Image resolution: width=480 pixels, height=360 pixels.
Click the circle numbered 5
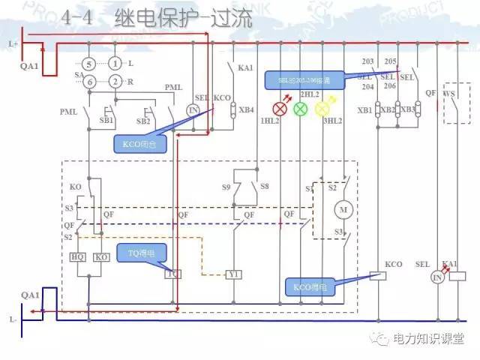tap(89, 64)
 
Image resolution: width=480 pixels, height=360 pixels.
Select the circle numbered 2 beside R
tap(114, 81)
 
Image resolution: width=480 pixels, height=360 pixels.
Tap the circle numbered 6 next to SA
tap(89, 81)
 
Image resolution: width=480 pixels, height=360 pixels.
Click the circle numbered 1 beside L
tap(114, 64)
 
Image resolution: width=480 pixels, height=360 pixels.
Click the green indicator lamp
tap(300, 109)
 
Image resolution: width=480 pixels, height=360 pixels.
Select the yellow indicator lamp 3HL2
tap(322, 109)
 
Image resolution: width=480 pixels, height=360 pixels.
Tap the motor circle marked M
tap(344, 208)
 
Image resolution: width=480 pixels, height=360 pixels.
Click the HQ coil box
tap(79, 256)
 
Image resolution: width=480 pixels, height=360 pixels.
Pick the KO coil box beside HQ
tap(101, 256)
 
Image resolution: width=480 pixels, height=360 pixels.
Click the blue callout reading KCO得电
tap(308, 286)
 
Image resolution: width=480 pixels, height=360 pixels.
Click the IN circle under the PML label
tap(193, 109)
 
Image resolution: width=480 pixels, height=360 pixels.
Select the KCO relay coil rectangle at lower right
tap(380, 276)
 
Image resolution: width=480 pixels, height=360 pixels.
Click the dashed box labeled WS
tap(452, 106)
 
